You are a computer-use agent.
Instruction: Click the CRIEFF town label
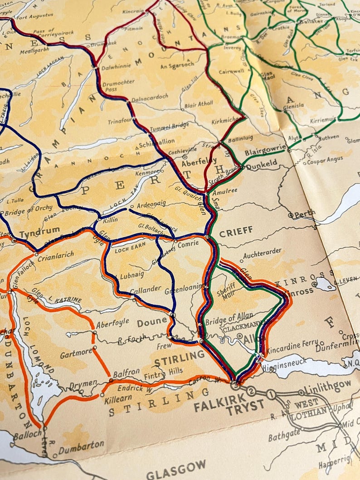click(x=236, y=231)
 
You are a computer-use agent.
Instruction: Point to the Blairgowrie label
click(x=266, y=150)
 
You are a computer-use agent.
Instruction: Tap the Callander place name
click(x=145, y=289)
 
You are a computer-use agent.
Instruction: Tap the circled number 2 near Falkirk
click(x=251, y=391)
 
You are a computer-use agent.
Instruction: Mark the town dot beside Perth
click(x=290, y=215)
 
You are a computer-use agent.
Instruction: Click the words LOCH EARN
click(x=129, y=250)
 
